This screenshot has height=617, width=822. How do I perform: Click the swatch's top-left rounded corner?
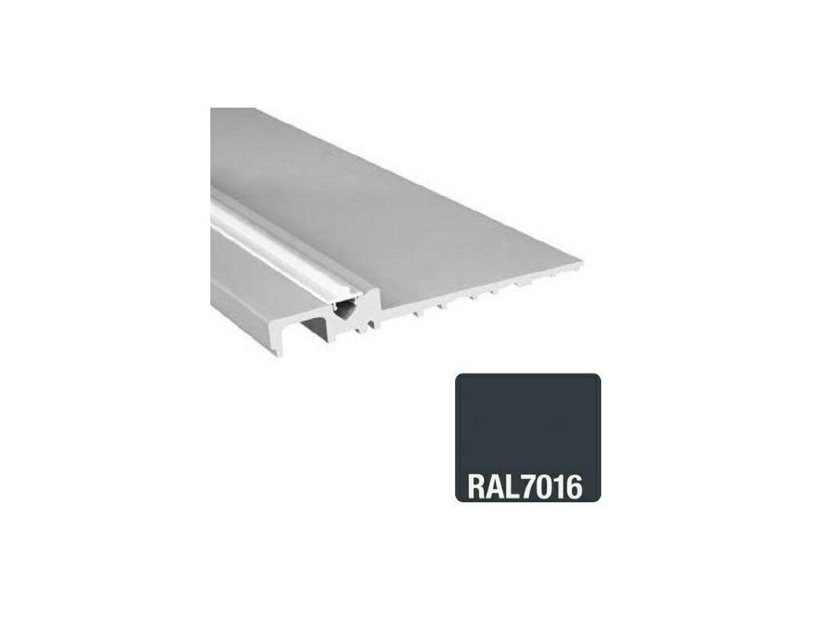pos(458,376)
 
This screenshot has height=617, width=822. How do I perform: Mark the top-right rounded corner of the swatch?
pos(598,376)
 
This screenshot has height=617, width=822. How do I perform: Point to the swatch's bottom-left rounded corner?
pos(458,500)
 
